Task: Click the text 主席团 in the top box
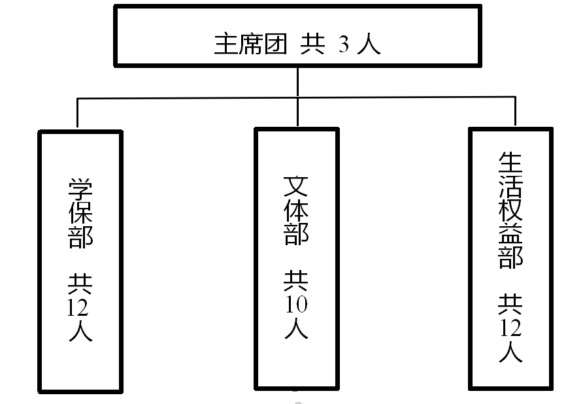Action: [250, 45]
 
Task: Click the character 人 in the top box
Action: [370, 45]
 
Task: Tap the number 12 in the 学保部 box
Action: [80, 308]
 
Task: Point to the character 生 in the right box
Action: [511, 163]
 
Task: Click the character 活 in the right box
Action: [511, 188]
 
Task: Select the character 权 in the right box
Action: [511, 211]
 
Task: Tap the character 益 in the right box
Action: [511, 235]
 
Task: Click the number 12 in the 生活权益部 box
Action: [511, 328]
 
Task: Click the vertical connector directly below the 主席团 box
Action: [297, 82]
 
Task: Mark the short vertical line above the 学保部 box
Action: [77, 113]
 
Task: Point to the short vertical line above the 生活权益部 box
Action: [516, 111]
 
